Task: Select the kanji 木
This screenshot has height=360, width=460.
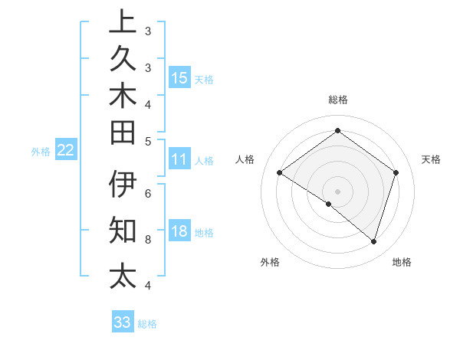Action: coord(123,97)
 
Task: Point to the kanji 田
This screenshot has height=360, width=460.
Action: coord(123,133)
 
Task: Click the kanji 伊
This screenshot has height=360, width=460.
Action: coord(123,185)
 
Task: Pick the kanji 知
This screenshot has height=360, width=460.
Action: coord(123,229)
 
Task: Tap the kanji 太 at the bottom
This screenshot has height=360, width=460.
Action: coord(123,275)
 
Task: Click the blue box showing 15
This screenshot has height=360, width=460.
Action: coord(179,77)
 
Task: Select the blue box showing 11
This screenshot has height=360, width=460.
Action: coord(179,159)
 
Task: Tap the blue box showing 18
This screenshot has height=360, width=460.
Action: coord(179,231)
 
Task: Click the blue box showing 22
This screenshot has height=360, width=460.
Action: coord(66,150)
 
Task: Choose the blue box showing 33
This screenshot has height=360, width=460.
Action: coord(123,322)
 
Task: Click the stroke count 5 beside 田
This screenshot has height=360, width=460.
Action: coord(147,141)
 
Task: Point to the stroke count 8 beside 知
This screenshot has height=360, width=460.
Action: coord(147,239)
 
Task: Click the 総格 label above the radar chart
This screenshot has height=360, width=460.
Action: coord(337,100)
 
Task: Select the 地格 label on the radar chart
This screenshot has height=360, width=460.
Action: coord(402,262)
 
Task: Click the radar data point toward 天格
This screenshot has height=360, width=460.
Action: coord(396,172)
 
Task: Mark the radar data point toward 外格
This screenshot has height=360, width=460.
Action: coord(329,204)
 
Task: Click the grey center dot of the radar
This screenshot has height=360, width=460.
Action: coord(337,191)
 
